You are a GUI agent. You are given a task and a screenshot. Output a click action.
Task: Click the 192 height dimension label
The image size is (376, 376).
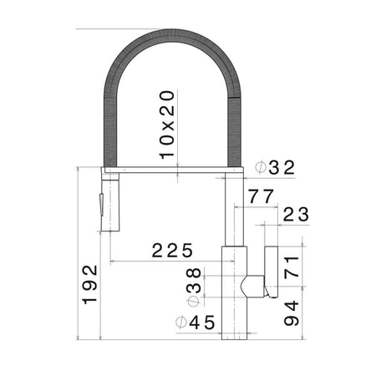coord(90,284)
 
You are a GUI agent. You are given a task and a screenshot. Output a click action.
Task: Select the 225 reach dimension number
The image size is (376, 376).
coord(172,250)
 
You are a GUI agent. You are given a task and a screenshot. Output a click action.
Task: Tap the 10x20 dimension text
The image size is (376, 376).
coord(167,125)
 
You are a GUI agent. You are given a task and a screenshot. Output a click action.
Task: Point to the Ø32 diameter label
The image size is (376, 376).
coord(275,168)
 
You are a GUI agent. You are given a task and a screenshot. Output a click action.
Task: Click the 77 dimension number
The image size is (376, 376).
coord(262,196)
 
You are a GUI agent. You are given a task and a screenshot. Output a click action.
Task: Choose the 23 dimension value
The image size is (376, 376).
coord(296,214)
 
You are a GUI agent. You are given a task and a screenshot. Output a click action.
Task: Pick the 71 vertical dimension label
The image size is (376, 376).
coord(292,267)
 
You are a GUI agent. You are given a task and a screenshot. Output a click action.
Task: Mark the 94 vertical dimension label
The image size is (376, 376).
coord(292,313)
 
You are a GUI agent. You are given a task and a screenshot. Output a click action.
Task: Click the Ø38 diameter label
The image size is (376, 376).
coord(194,287)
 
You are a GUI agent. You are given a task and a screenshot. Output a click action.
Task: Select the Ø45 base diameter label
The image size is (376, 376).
coord(196,323)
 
